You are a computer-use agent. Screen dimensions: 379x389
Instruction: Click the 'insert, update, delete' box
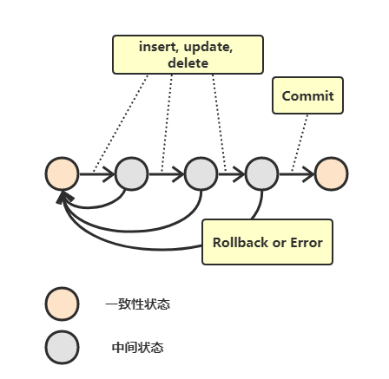point(188,55)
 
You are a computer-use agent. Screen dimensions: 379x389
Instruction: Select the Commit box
point(307,95)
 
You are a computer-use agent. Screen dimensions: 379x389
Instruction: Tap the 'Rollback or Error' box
point(267,242)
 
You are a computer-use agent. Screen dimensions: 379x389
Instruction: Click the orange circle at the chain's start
point(62,174)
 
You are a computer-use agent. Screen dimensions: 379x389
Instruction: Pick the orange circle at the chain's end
point(331,174)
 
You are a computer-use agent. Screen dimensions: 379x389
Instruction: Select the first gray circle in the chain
point(132,174)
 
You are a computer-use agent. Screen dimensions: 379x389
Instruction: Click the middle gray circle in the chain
point(201,174)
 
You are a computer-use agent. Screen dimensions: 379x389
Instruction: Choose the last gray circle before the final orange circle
point(261,174)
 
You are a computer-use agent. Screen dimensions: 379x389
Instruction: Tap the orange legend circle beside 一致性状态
point(62,304)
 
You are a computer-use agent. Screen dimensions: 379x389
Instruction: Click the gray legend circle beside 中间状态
point(62,347)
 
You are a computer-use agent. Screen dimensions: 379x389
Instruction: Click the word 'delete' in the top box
point(188,63)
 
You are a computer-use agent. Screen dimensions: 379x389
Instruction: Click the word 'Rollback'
point(241,242)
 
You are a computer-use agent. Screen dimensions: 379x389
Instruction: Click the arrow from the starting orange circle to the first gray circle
point(96,174)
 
